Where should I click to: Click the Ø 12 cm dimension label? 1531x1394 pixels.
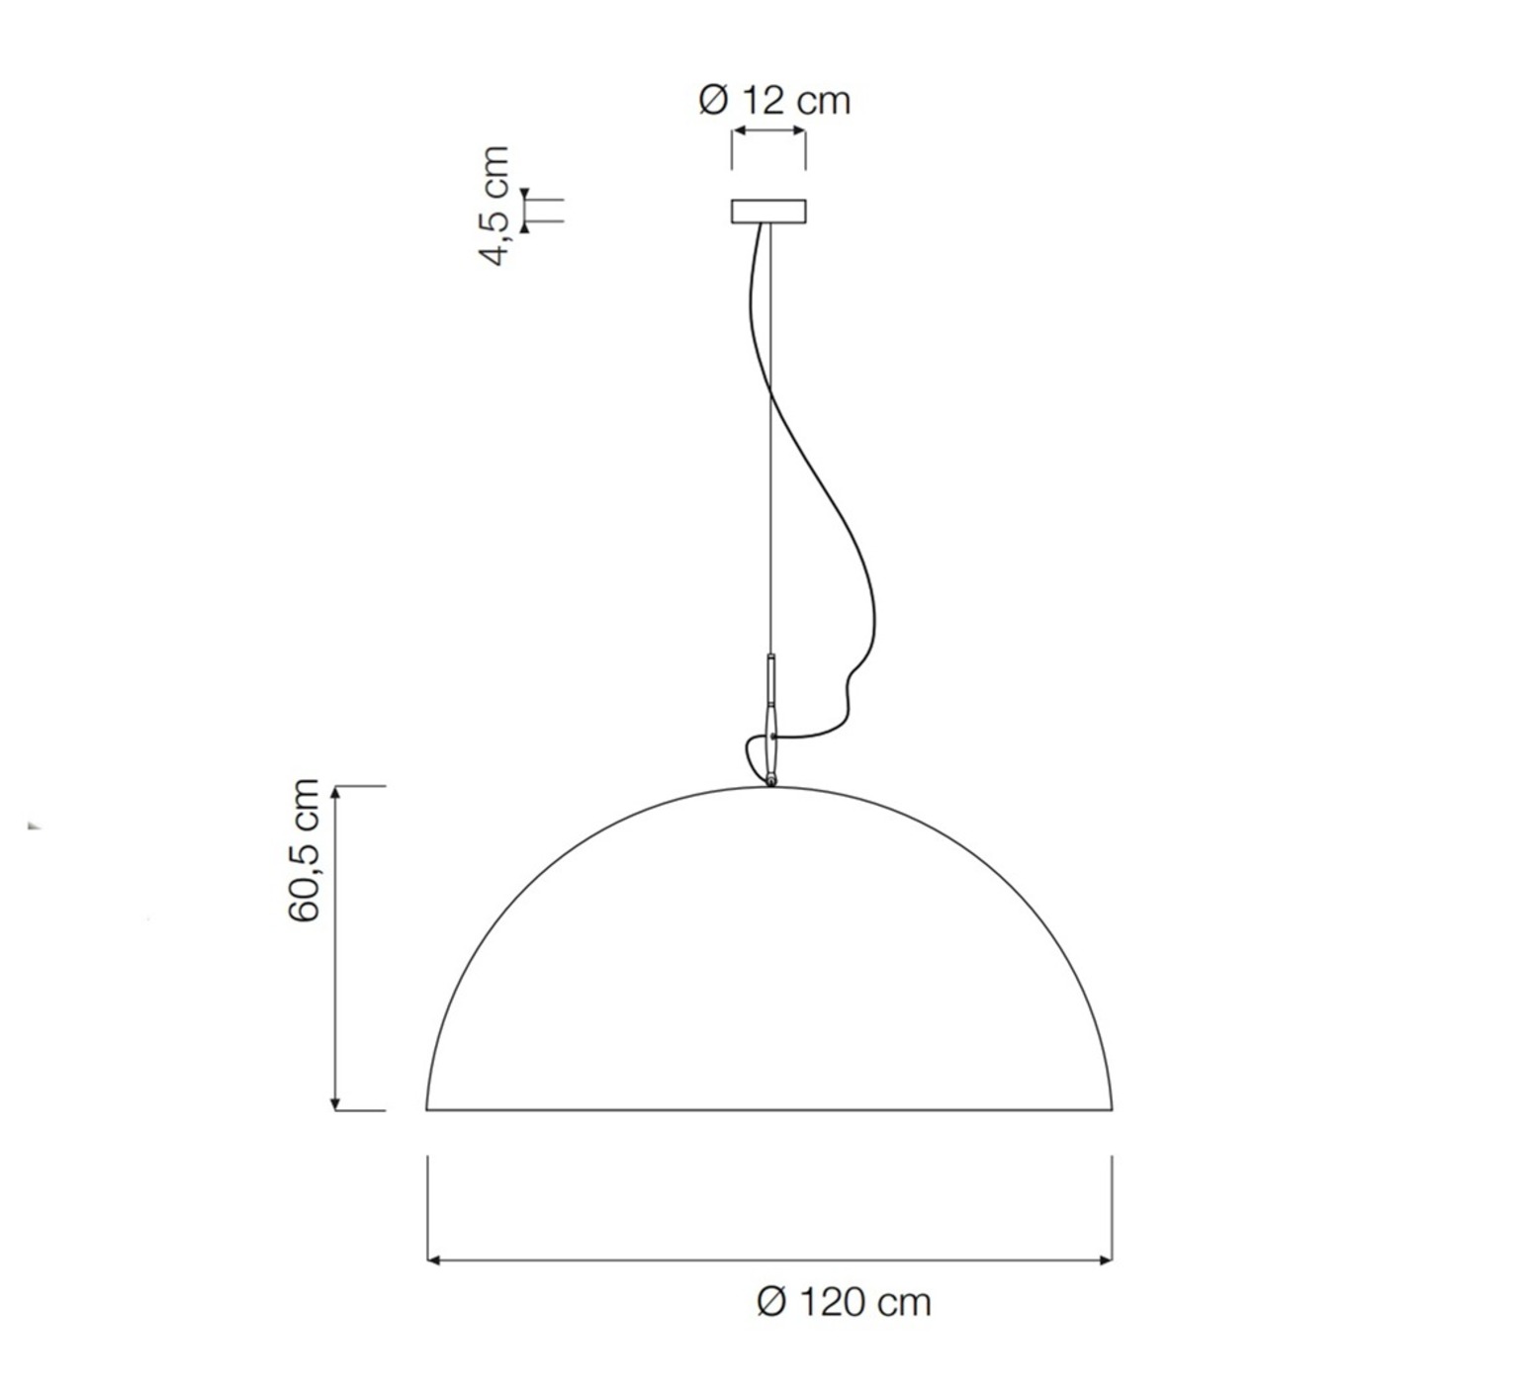[x=774, y=101]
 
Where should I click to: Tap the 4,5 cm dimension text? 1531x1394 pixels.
[x=495, y=206]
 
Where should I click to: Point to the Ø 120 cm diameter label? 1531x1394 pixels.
[x=844, y=1302]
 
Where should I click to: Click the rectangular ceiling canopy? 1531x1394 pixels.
[x=768, y=212]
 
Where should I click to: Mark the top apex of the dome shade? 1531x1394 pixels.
[x=769, y=787]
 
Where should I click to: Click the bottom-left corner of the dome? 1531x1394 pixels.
[x=427, y=1109]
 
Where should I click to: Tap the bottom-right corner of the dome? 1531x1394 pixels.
[x=1112, y=1109]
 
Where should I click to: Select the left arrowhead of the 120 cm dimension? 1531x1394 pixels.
[x=433, y=1260]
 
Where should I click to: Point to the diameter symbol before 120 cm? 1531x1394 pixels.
[x=771, y=1302]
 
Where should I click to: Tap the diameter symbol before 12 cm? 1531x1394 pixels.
[x=713, y=101]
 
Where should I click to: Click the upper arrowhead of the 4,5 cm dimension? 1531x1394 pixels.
[x=525, y=193]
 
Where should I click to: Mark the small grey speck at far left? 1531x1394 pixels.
[x=34, y=825]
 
